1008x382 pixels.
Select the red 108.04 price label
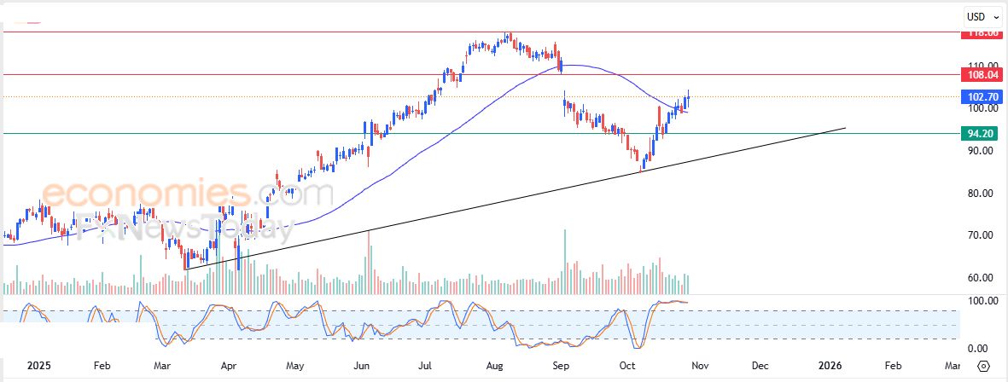979,75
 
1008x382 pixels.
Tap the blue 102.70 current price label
979,97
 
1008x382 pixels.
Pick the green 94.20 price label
979,134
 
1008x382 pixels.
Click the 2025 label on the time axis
39,366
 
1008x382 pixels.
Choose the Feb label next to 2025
102,366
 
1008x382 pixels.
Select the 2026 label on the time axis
830,366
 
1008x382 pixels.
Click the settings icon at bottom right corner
983,366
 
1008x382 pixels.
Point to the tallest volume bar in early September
564,261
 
